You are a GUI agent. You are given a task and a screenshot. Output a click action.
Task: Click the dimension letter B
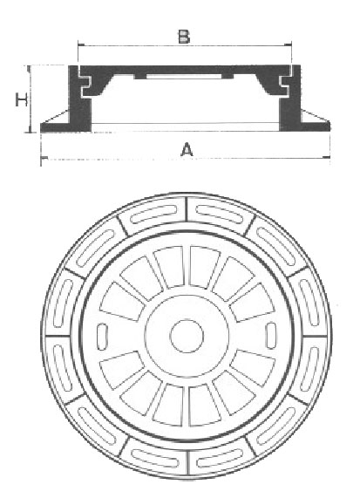(184, 37)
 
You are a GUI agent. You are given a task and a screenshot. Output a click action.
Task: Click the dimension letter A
(187, 150)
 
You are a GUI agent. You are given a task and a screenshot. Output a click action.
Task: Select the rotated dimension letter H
(22, 99)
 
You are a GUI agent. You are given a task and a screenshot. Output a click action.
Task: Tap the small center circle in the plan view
(187, 336)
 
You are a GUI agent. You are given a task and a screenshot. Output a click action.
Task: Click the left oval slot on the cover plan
(102, 337)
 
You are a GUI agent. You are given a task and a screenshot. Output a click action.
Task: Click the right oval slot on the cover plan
(271, 336)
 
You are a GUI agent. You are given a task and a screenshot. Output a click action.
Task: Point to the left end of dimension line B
(78, 45)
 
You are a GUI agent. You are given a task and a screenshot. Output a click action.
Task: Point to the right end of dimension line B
(291, 45)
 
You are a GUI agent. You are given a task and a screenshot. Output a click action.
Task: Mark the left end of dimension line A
(41, 158)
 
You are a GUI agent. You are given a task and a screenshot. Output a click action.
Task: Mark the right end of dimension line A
(330, 157)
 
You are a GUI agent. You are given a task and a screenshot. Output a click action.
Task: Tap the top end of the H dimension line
(29, 65)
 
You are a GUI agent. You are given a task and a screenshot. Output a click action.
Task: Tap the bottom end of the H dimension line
(30, 132)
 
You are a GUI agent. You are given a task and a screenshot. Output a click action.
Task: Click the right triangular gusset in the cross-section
(314, 117)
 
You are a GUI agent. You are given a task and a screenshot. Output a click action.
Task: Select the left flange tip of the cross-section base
(41, 127)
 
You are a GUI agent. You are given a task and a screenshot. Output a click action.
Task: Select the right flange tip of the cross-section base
(329, 126)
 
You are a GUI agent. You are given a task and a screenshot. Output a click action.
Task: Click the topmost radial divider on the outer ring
(187, 208)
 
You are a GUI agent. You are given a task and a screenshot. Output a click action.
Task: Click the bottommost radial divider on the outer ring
(187, 463)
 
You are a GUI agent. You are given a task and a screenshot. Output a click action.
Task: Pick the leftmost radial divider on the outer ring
(58, 336)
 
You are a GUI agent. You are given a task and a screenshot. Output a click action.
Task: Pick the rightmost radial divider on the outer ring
(315, 336)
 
